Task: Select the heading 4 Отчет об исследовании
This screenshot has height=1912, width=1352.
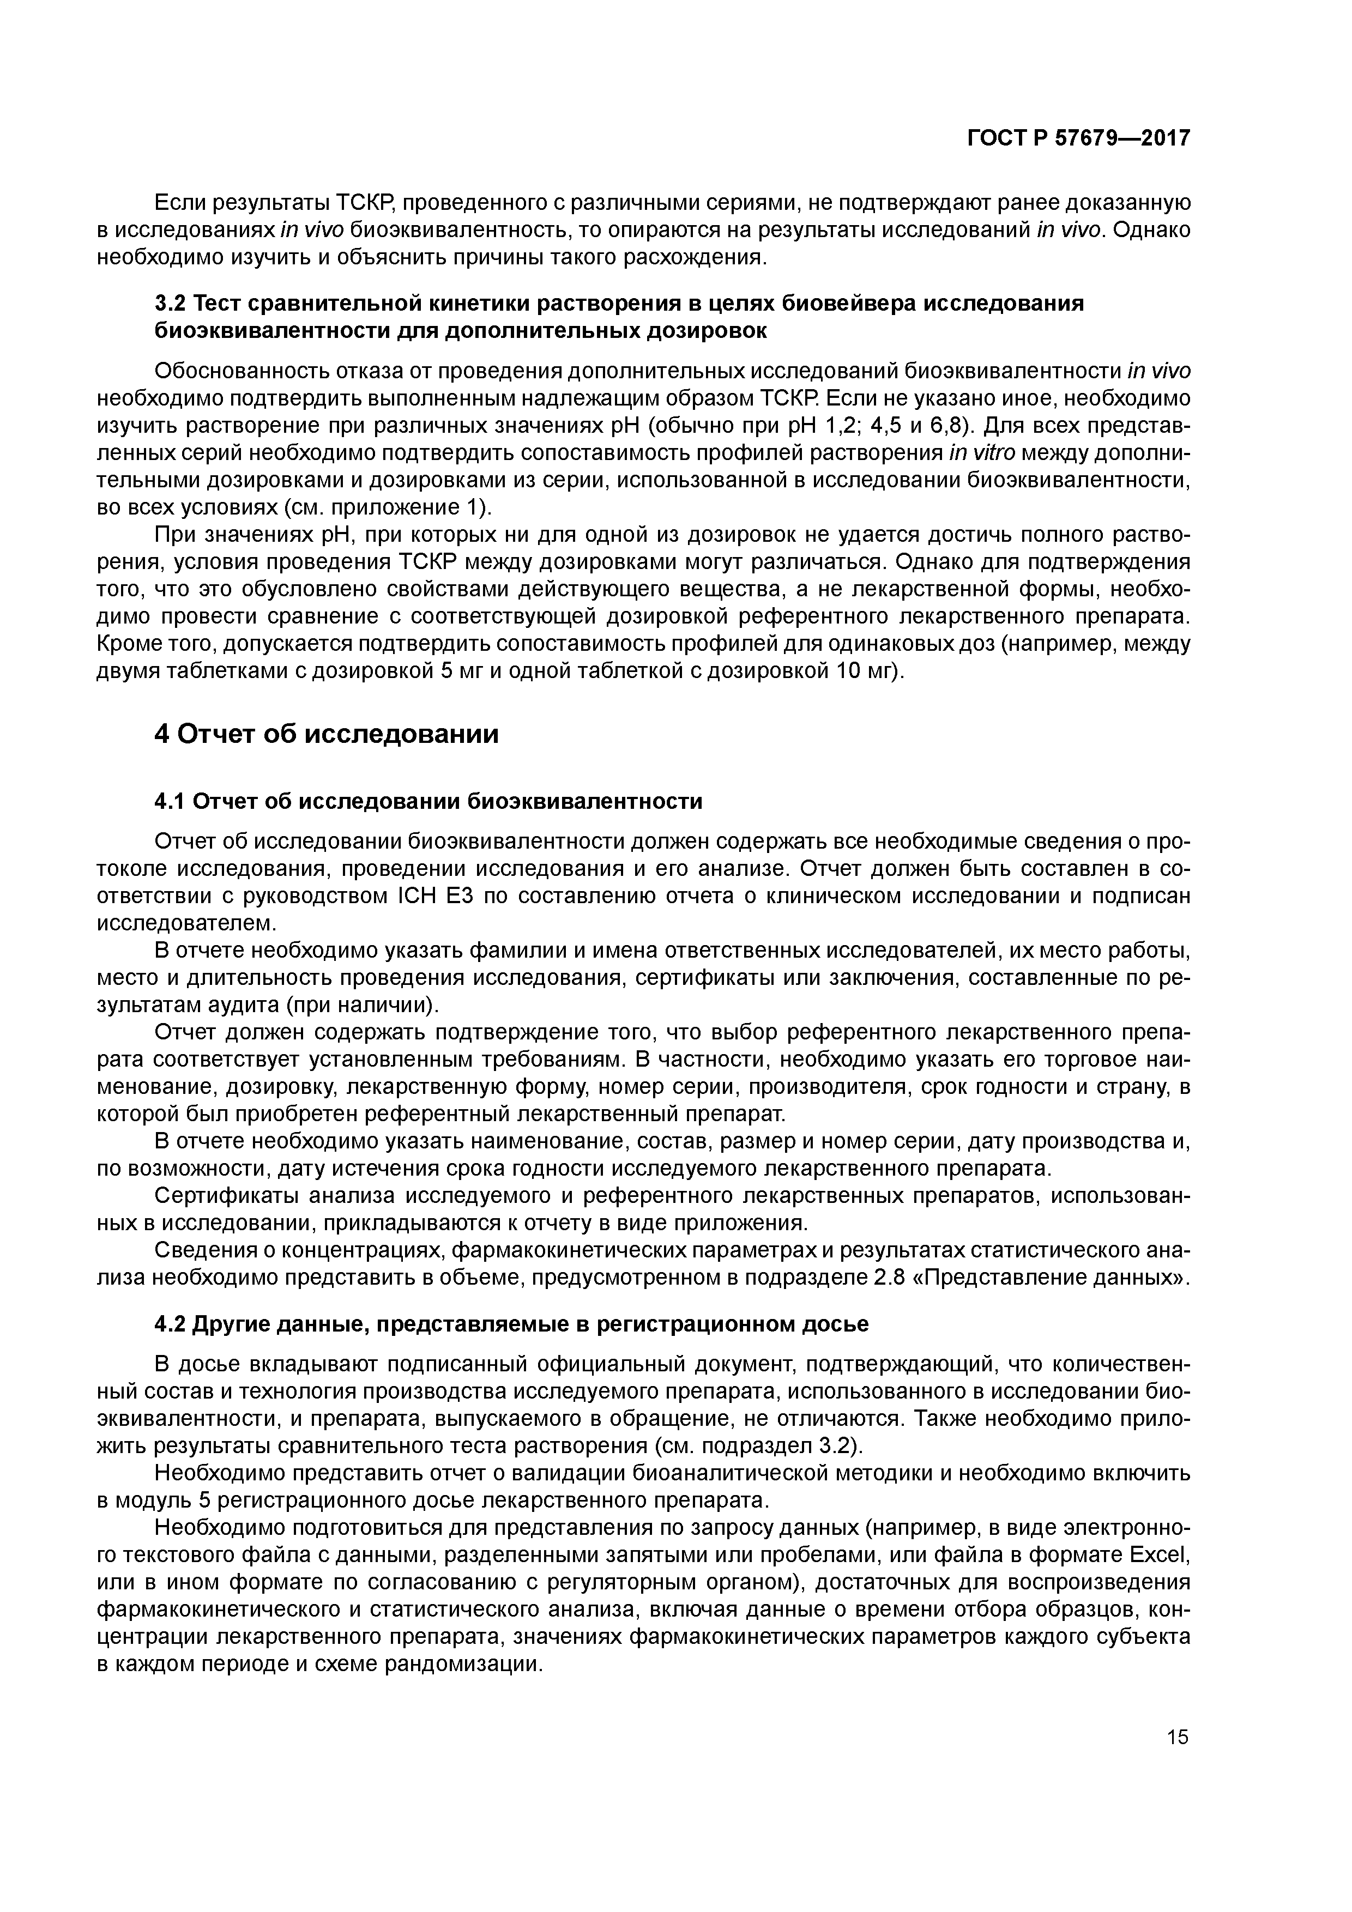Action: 327,735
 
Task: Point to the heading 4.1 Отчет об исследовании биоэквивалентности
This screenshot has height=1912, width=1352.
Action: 428,801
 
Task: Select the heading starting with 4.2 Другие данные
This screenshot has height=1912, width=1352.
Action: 511,1324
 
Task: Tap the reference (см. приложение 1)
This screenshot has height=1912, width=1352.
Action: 388,507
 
